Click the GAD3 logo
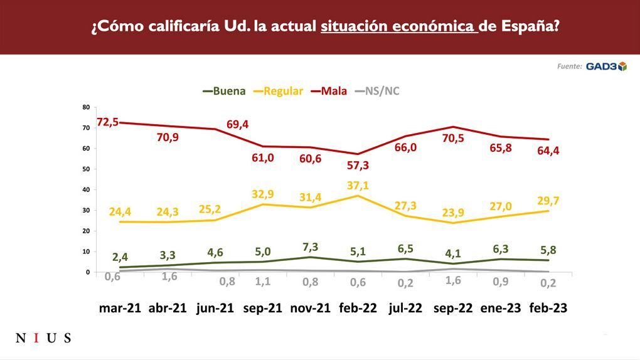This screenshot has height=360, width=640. (x=606, y=66)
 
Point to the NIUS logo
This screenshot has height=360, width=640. (x=43, y=339)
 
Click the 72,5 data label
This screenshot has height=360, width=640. (x=108, y=122)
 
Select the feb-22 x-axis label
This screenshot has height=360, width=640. (x=358, y=309)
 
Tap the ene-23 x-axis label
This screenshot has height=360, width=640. (x=501, y=309)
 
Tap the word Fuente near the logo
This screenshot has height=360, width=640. (x=570, y=66)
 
